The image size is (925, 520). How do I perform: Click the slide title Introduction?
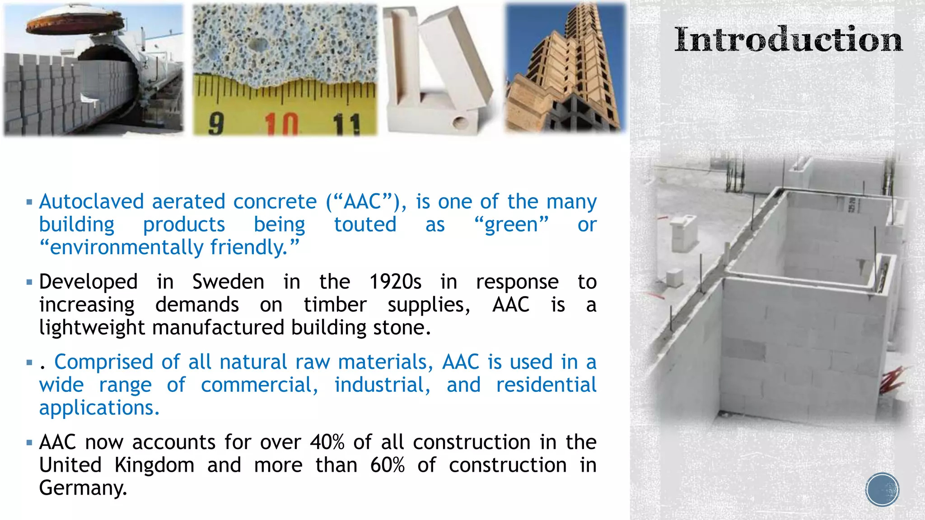tap(788, 40)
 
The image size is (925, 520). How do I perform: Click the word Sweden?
tap(228, 282)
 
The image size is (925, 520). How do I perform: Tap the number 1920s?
tap(395, 282)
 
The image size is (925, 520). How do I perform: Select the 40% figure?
tap(327, 442)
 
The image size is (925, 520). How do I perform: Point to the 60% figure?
tap(387, 465)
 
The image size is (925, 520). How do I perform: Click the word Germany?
tap(83, 488)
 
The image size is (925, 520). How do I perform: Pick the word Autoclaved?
tap(91, 202)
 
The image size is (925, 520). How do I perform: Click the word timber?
tap(335, 305)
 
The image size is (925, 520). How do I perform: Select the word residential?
tap(546, 385)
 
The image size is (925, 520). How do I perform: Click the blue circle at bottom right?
tap(882, 490)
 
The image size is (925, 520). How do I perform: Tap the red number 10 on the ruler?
tap(281, 124)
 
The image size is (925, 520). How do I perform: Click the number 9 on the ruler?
tap(216, 124)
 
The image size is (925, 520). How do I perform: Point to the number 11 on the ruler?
tap(346, 124)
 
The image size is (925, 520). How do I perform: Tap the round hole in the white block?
tap(461, 121)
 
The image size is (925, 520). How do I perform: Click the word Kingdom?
tap(154, 465)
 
